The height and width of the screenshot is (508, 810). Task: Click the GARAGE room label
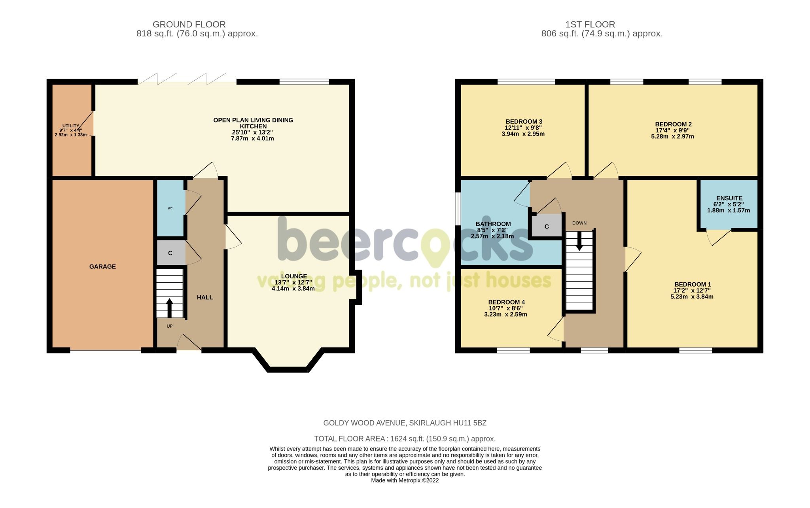(x=102, y=267)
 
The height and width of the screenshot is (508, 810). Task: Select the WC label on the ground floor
(x=170, y=208)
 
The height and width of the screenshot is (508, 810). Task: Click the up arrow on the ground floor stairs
(x=170, y=308)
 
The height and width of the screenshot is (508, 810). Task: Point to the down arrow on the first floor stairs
(x=579, y=241)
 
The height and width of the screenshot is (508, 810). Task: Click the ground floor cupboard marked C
(x=170, y=253)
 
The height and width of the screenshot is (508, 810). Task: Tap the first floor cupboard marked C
(x=547, y=227)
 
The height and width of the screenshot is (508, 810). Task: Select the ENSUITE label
(x=729, y=198)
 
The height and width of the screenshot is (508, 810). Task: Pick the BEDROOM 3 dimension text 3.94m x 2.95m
(x=523, y=134)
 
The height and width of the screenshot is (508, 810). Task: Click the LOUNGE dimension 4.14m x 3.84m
(x=293, y=289)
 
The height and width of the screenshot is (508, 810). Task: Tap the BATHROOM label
(x=493, y=224)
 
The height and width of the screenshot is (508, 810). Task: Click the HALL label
(x=205, y=297)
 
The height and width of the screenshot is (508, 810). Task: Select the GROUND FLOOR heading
(x=189, y=25)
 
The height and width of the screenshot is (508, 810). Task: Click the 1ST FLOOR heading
(x=590, y=25)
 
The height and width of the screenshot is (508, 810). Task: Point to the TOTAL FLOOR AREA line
(x=405, y=439)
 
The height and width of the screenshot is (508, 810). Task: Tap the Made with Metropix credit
(x=405, y=481)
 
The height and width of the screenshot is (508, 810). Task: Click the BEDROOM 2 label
(x=673, y=124)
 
